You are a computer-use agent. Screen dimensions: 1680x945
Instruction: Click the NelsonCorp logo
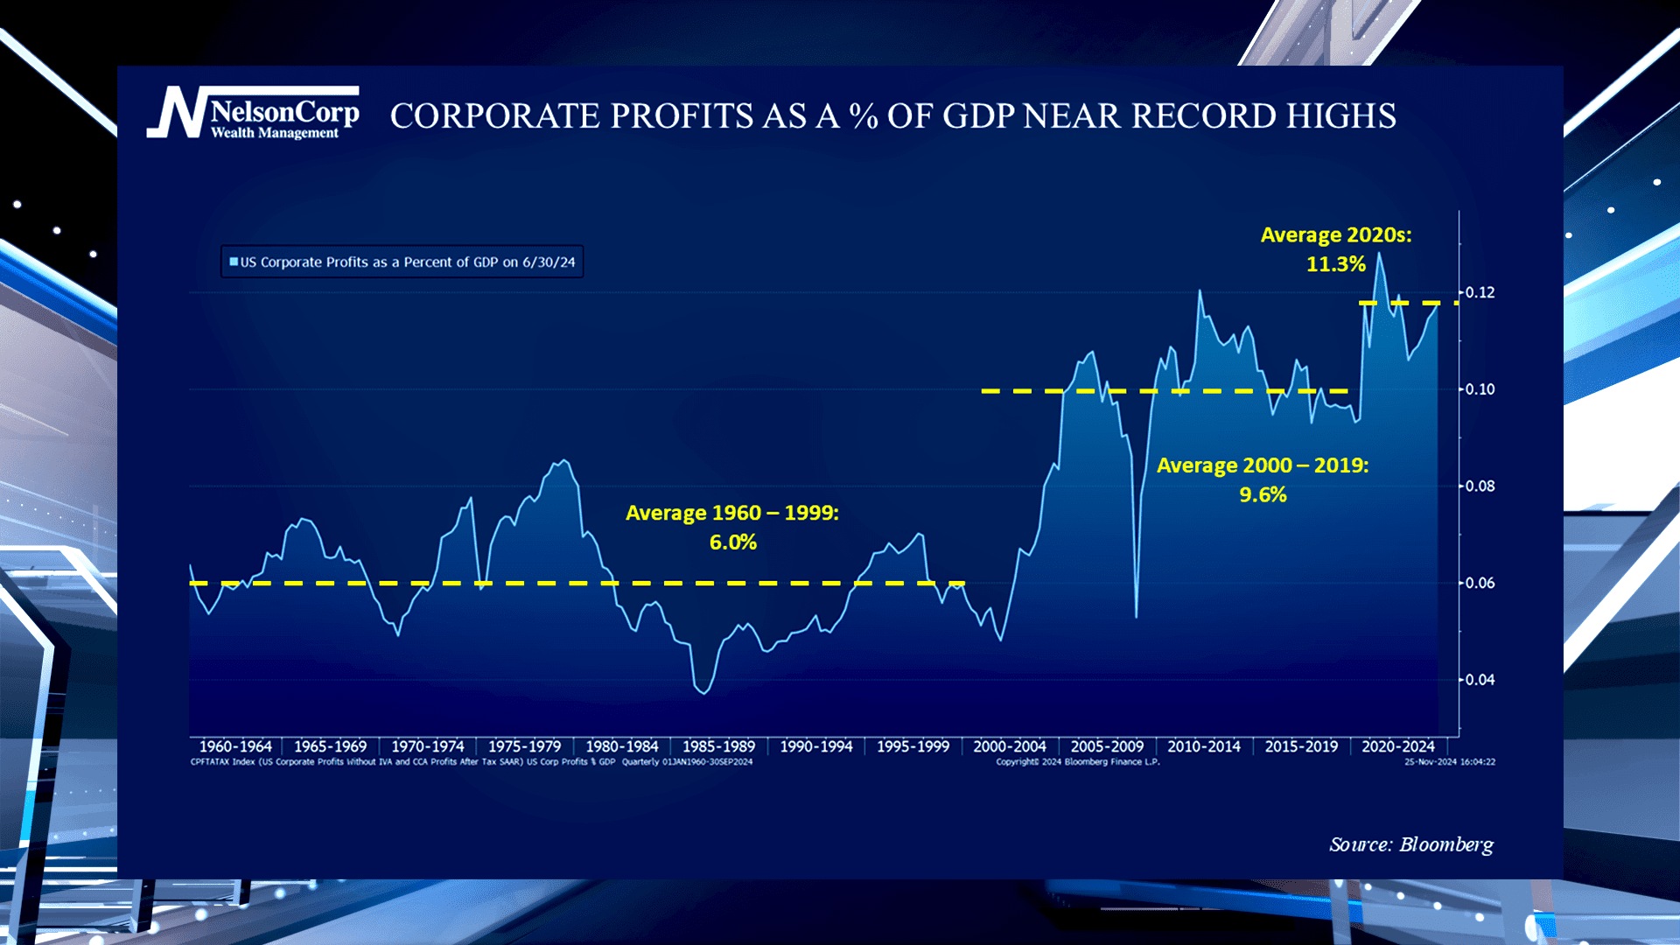(x=253, y=112)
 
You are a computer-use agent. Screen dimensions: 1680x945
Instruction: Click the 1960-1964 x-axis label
(x=235, y=746)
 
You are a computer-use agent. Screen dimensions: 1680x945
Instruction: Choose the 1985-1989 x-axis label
(x=718, y=746)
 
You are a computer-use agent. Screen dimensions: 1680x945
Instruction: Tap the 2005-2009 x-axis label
(x=1107, y=746)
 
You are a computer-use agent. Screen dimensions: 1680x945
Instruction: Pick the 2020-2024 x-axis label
(x=1398, y=746)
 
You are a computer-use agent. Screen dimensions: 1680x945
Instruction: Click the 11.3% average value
(x=1336, y=264)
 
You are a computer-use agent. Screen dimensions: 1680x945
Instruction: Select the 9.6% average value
(x=1263, y=495)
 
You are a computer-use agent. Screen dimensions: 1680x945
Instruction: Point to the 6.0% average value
(x=733, y=542)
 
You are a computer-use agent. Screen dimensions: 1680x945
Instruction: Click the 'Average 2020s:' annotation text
(x=1336, y=235)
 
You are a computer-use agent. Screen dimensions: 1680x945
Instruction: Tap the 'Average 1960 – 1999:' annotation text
(x=732, y=513)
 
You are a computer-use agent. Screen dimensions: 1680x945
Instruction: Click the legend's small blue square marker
(x=234, y=262)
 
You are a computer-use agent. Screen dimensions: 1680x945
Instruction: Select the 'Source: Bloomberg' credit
(x=1411, y=844)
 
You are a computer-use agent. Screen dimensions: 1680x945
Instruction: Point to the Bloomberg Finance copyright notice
(x=1077, y=762)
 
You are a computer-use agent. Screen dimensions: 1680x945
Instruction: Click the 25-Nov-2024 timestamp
(x=1450, y=762)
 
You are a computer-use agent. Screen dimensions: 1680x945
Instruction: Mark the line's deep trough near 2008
(x=1136, y=617)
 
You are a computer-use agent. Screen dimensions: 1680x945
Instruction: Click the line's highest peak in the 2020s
(x=1379, y=254)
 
